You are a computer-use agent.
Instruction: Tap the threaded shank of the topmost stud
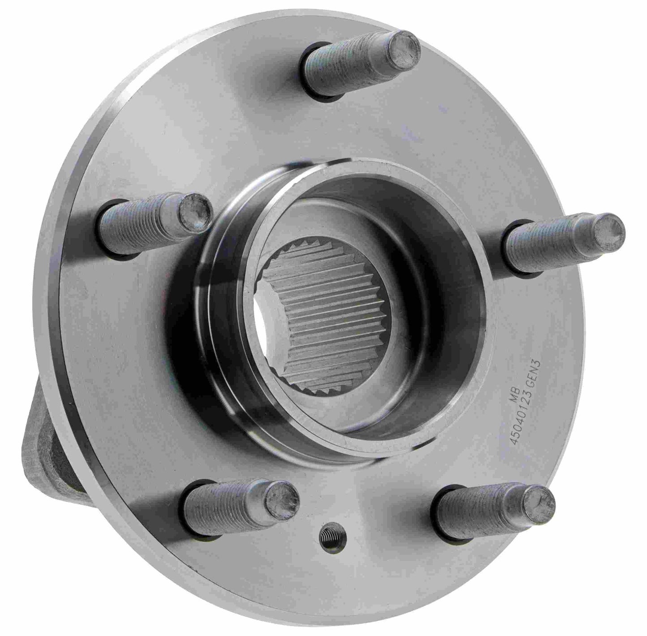[349, 68]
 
